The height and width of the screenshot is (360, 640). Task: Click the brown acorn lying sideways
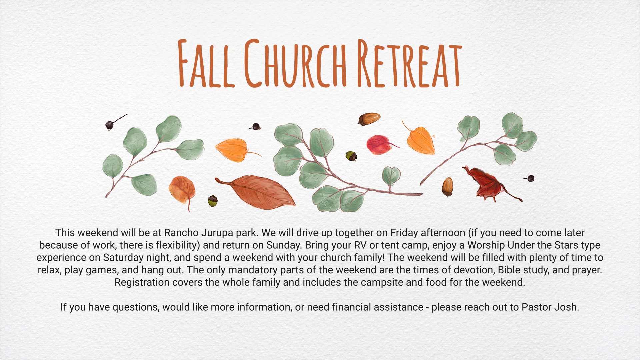tap(369, 119)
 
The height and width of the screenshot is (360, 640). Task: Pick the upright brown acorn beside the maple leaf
tap(447, 187)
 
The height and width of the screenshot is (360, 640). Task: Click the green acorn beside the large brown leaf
tap(213, 201)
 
